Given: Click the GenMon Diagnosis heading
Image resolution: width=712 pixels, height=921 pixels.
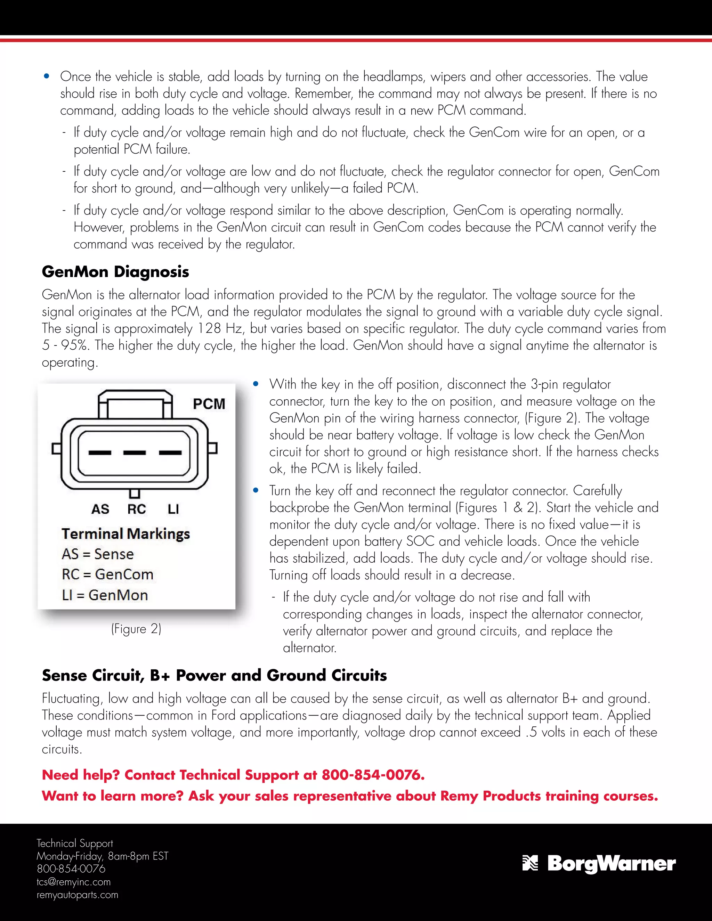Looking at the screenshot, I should [x=115, y=271].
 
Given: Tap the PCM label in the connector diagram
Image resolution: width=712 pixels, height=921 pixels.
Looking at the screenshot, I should [x=209, y=404].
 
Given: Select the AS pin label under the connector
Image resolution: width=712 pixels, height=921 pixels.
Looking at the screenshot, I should [x=100, y=509].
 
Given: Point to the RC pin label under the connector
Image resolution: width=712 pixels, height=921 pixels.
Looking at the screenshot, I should [x=137, y=509].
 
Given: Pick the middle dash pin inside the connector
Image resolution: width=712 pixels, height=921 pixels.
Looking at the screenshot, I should [x=135, y=453].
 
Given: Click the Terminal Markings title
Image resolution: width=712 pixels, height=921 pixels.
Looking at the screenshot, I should [x=126, y=533].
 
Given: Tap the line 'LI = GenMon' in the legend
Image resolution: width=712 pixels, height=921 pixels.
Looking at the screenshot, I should [x=105, y=595].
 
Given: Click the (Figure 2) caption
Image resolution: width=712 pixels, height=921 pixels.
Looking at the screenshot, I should [x=136, y=629].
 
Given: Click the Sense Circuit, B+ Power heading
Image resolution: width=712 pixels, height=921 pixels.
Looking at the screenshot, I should [x=214, y=675].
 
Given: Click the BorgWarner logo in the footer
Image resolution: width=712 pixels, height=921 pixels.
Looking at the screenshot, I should [x=599, y=863].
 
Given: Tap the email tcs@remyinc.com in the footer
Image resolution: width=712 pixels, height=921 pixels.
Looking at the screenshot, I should [x=73, y=882].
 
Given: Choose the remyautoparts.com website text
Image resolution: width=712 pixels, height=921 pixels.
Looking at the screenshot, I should [x=77, y=895].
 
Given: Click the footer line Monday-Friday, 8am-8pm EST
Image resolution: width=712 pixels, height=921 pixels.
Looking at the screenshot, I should [x=102, y=856].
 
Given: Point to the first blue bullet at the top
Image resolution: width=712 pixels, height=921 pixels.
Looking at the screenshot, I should [x=47, y=76].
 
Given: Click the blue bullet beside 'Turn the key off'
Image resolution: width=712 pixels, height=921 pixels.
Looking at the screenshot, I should [x=256, y=490].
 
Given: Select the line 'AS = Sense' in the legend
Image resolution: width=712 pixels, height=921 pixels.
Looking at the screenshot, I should [x=97, y=554].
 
